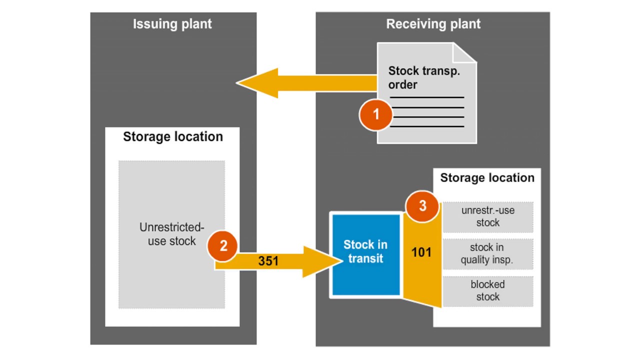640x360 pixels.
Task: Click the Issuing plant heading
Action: click(x=172, y=24)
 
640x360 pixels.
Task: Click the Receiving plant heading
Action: click(x=433, y=24)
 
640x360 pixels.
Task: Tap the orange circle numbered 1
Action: click(x=376, y=115)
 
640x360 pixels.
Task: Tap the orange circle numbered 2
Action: click(x=223, y=245)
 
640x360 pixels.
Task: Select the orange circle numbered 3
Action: click(x=422, y=206)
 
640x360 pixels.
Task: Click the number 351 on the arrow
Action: click(x=268, y=260)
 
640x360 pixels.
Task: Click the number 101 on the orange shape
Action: click(x=421, y=252)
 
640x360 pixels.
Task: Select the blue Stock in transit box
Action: click(x=365, y=254)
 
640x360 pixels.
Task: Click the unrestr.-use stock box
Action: click(x=487, y=216)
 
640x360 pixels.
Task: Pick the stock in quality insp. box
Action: click(x=487, y=253)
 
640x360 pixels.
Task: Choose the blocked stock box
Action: click(x=487, y=291)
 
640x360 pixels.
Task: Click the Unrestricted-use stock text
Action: click(x=171, y=234)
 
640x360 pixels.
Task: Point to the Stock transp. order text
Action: click(x=424, y=77)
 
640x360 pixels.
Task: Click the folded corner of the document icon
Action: click(x=463, y=53)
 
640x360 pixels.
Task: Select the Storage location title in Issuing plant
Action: click(x=172, y=137)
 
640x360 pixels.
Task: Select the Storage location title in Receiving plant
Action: click(x=487, y=178)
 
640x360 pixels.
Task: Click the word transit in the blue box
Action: click(x=366, y=259)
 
